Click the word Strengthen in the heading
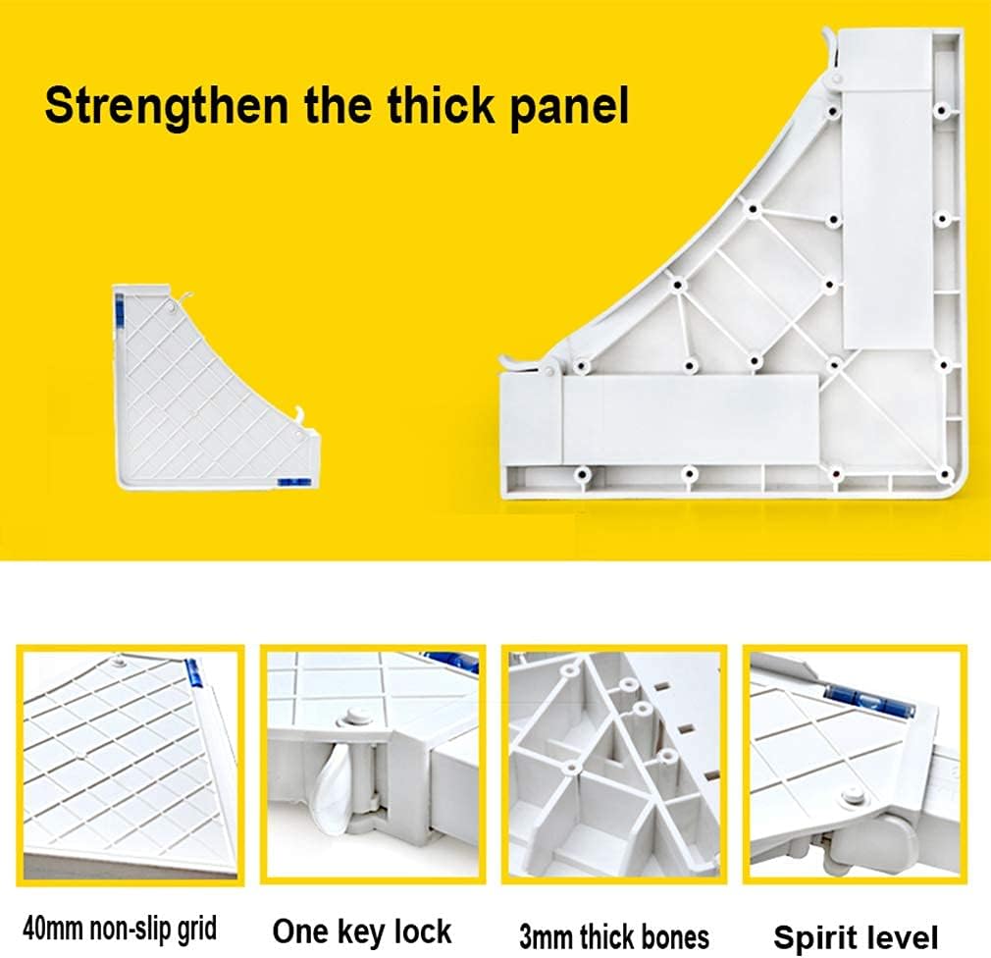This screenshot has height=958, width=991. click(166, 107)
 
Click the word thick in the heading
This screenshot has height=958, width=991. click(441, 105)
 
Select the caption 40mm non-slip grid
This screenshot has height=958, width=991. click(120, 929)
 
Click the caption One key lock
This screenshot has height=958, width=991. click(361, 931)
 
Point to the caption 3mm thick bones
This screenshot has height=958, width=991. click(613, 936)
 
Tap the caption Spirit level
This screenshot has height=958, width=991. click(856, 937)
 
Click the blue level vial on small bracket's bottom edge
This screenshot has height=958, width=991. click(294, 482)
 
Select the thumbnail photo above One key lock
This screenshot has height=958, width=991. click(373, 765)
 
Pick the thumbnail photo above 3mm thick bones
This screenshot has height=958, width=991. click(613, 765)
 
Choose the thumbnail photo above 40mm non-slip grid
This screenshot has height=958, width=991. click(130, 765)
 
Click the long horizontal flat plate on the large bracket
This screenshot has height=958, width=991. click(690, 420)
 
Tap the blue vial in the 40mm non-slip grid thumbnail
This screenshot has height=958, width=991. click(192, 674)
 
